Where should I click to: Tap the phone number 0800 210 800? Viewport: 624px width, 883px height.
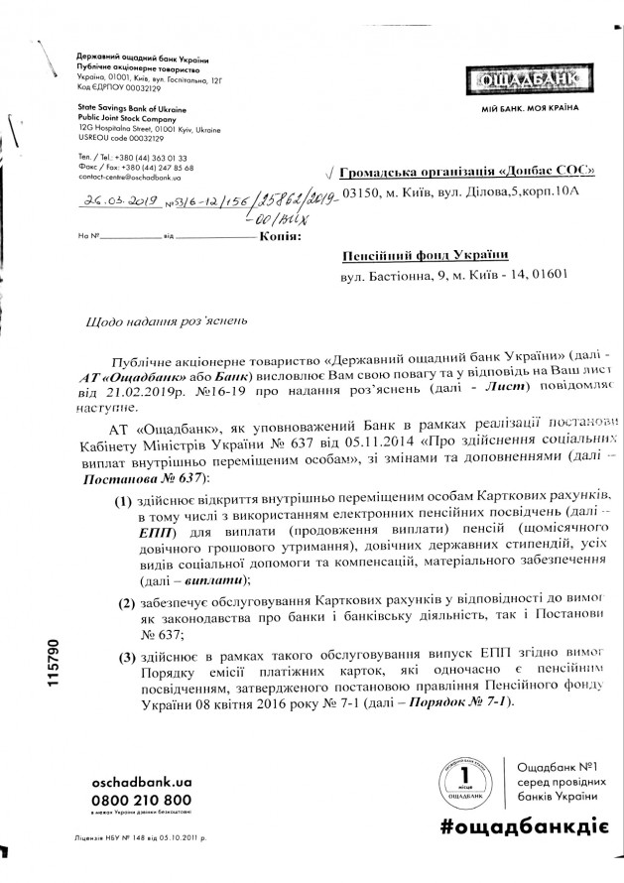click(141, 799)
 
